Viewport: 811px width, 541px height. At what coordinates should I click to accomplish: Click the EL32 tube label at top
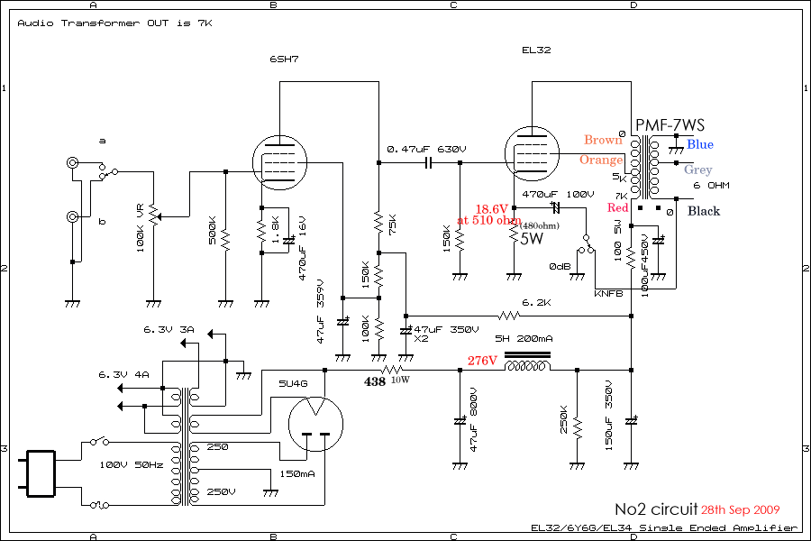click(x=536, y=50)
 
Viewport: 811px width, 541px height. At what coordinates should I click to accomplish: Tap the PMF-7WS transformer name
click(x=670, y=124)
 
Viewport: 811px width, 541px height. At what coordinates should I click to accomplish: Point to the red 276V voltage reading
click(x=482, y=361)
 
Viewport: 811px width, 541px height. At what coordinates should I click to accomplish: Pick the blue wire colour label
click(x=699, y=144)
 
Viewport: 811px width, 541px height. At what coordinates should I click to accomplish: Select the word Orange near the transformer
click(x=601, y=160)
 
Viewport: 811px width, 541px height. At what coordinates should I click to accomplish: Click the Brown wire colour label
click(x=603, y=140)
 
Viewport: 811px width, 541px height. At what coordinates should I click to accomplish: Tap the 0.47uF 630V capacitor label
click(x=426, y=149)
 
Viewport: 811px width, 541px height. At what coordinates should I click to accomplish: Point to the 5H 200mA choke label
click(x=525, y=339)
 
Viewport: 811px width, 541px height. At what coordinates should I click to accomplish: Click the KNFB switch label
click(x=608, y=294)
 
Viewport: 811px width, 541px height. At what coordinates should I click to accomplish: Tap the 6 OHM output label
click(x=711, y=186)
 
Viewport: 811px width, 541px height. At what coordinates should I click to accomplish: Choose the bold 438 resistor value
click(x=375, y=381)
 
